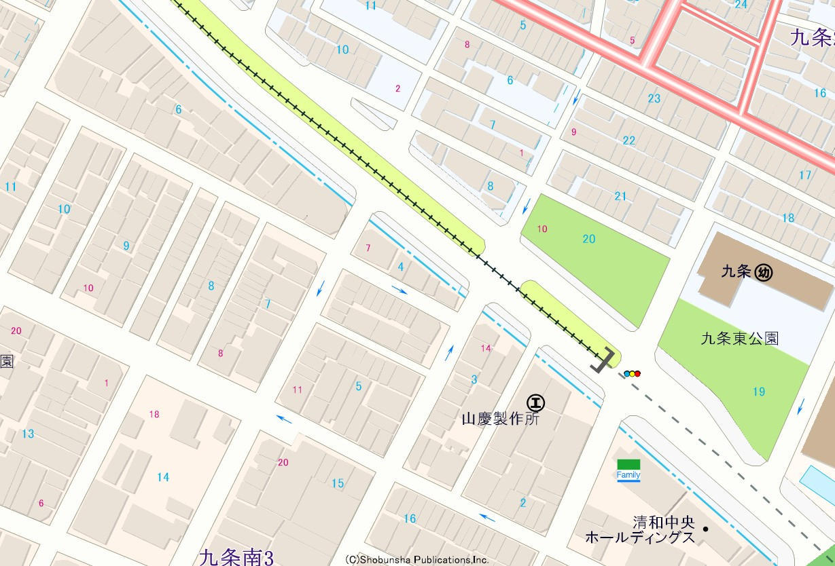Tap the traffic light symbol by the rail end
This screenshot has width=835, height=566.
(x=632, y=373)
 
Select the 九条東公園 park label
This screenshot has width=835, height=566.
(x=740, y=338)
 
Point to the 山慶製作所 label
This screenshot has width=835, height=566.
(x=499, y=420)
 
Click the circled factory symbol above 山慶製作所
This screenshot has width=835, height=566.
(x=536, y=403)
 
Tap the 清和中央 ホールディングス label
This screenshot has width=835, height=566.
(x=640, y=530)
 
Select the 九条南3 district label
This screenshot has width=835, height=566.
(x=236, y=557)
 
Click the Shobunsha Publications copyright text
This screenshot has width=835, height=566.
(x=416, y=560)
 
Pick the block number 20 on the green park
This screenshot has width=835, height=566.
(x=588, y=239)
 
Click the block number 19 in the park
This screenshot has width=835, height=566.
(x=758, y=392)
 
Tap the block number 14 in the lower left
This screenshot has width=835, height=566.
(x=163, y=477)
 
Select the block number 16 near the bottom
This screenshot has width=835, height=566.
(x=409, y=518)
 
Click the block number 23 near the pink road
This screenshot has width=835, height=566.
(x=654, y=98)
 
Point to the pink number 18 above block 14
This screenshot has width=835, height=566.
(x=154, y=414)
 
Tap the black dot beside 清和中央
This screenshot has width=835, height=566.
(x=706, y=529)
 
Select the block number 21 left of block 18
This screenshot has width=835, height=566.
(x=620, y=196)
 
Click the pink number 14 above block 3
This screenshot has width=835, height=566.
(x=485, y=348)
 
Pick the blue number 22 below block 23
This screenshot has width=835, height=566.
(x=629, y=140)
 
